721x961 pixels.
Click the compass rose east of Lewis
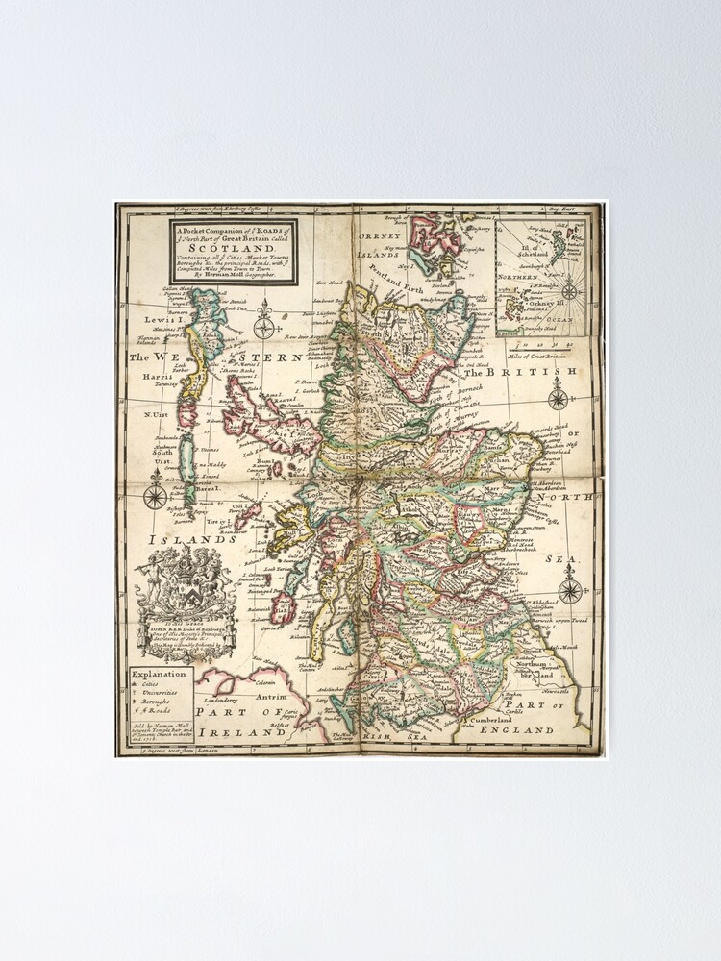click(x=263, y=327)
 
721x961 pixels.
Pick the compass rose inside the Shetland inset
click(x=568, y=289)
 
